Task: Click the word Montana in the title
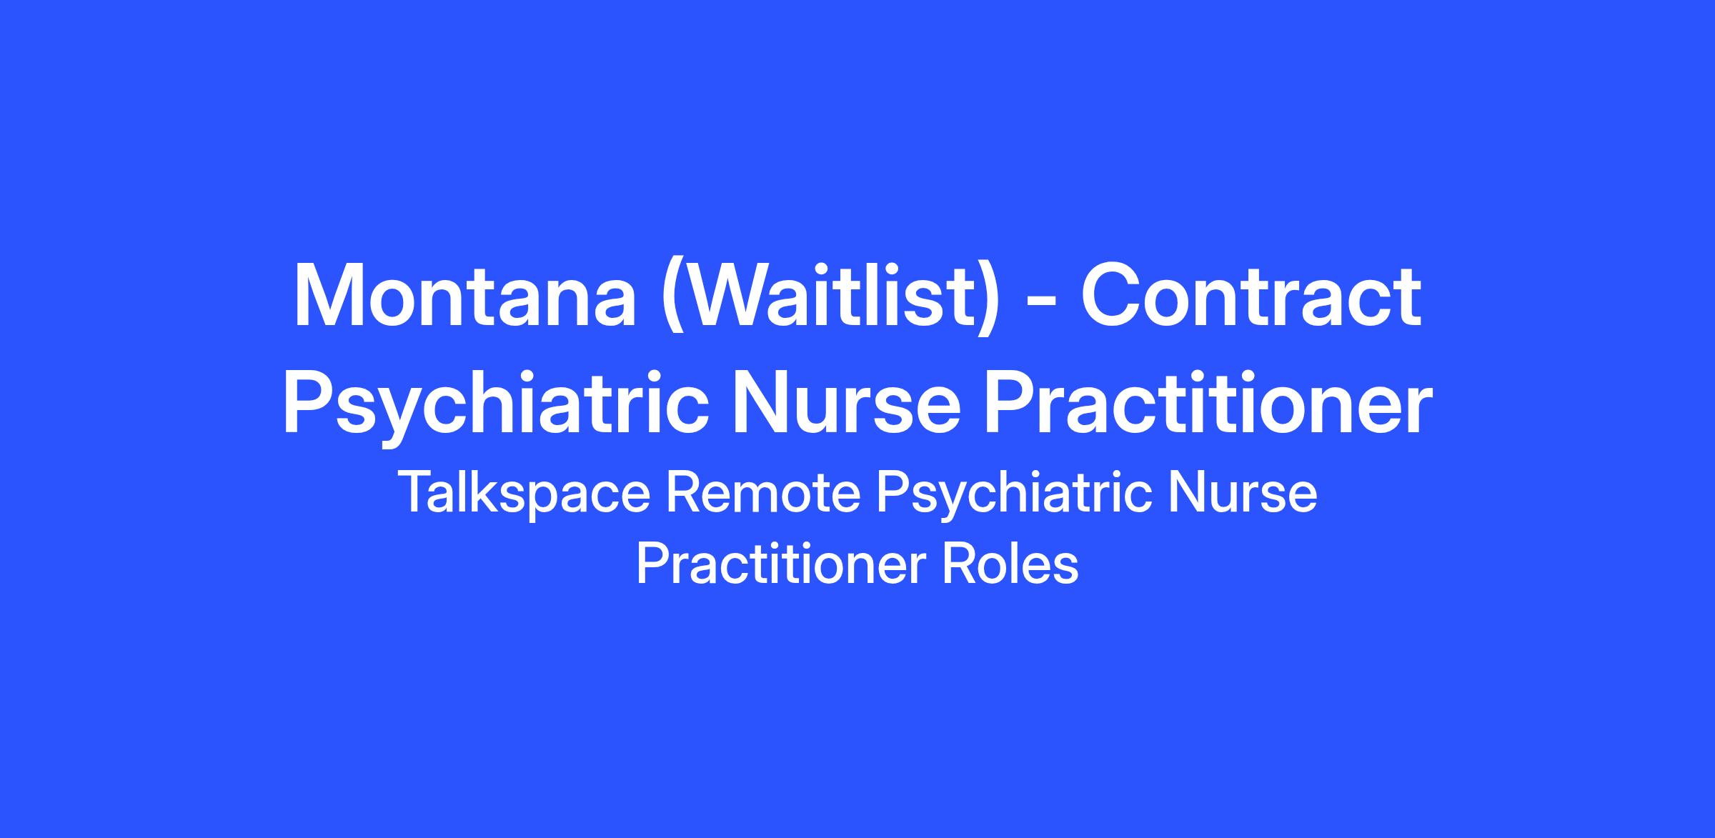click(x=464, y=296)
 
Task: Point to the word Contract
click(x=1251, y=296)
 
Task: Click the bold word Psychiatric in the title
click(x=497, y=406)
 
